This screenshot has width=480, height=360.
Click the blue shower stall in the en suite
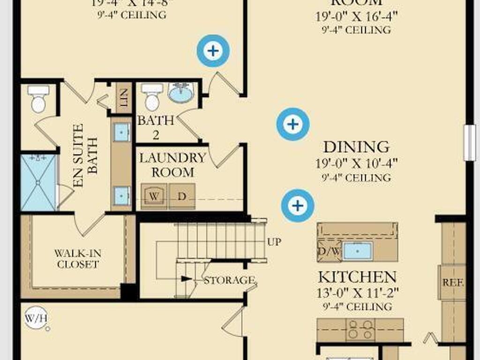tap(38, 182)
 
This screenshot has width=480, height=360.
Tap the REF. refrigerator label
tap(453, 283)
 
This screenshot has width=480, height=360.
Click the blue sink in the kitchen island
tap(357, 251)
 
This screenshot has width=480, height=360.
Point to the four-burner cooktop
tap(360, 330)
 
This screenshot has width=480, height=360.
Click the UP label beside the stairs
tap(274, 242)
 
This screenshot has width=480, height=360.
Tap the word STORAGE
tap(229, 280)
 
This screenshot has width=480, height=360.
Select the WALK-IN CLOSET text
tap(77, 259)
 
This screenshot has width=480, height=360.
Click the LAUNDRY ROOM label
tap(173, 165)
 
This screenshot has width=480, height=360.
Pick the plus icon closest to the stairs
tap(297, 205)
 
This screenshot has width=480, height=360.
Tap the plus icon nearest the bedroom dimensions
tap(213, 51)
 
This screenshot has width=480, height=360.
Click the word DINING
tap(356, 147)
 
